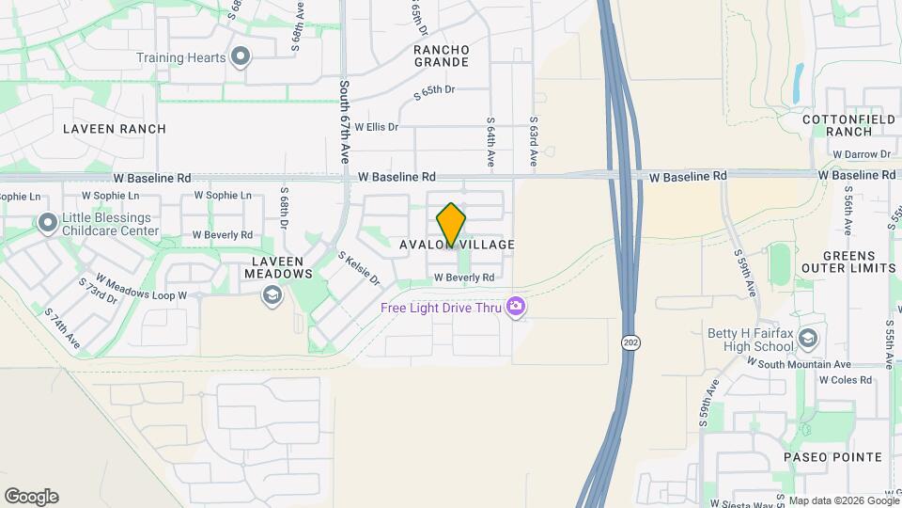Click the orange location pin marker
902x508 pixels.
click(452, 225)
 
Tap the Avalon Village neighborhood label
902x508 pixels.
click(458, 245)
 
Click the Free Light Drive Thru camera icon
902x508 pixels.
click(515, 307)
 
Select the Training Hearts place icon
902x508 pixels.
click(241, 57)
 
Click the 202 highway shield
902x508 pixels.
click(628, 344)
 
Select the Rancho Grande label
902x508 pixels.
click(441, 56)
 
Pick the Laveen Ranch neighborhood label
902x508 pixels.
click(115, 129)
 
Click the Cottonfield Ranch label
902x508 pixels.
click(849, 126)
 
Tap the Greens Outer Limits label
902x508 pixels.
click(849, 262)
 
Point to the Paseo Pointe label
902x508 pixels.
click(833, 457)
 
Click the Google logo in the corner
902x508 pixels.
click(31, 497)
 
